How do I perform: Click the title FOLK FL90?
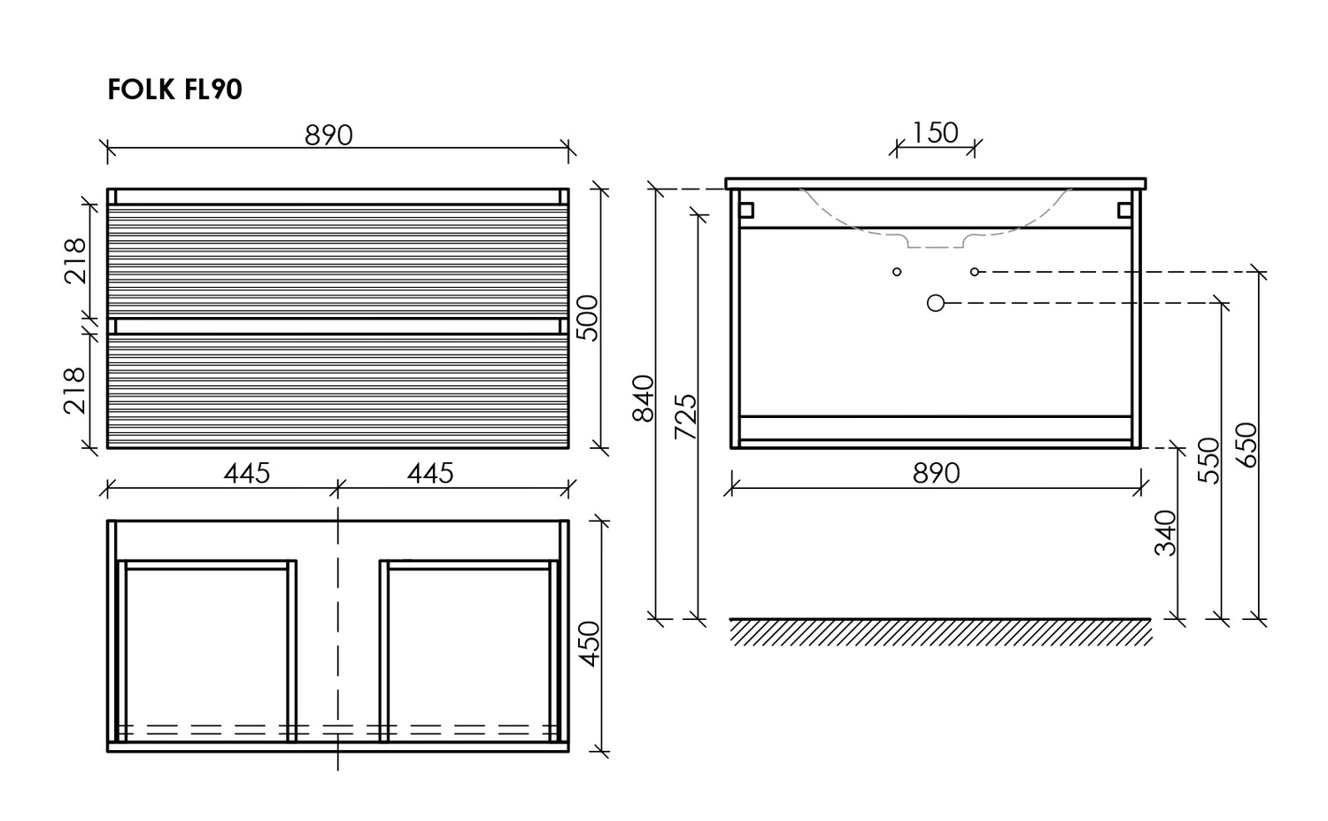(175, 89)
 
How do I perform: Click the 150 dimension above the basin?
(935, 133)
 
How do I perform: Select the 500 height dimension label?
(588, 318)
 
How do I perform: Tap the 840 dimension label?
(644, 398)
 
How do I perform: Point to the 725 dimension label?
(686, 416)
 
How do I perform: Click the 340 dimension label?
(1166, 532)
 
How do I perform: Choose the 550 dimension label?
(1208, 461)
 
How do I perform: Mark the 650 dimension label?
(1247, 445)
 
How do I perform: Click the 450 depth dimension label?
(590, 644)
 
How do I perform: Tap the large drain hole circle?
(936, 303)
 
